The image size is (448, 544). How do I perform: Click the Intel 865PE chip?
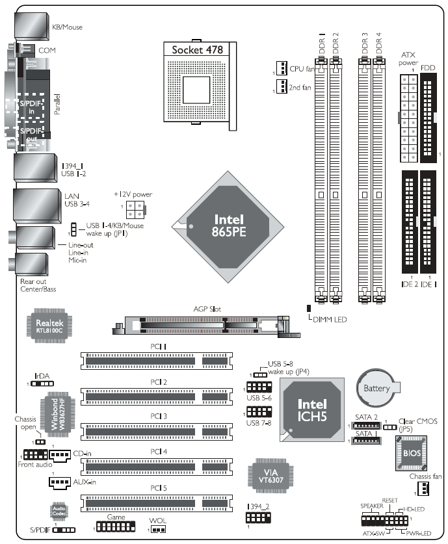pos(228,227)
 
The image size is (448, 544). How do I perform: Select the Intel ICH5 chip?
pos(312,409)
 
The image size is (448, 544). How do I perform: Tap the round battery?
pos(378,388)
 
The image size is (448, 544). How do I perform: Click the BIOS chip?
pos(411,453)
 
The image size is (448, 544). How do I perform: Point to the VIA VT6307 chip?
pos(270,476)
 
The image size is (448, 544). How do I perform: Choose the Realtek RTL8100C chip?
pos(49,326)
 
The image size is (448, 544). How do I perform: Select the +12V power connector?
pos(135,209)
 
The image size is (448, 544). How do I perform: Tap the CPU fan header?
pos(282,68)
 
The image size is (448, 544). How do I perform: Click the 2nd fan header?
pos(282,86)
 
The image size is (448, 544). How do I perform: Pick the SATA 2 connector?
pos(367,425)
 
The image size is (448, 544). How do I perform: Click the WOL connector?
pos(158,530)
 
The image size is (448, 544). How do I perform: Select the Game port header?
pos(116,527)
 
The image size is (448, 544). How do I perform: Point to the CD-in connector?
pos(60,456)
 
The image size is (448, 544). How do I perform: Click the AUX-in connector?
pos(60,483)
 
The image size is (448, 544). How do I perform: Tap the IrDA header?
pos(42,383)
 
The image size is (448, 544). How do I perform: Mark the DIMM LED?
pos(308,308)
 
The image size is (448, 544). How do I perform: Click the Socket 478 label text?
pos(197,50)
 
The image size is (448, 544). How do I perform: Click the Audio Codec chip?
pos(59,511)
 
